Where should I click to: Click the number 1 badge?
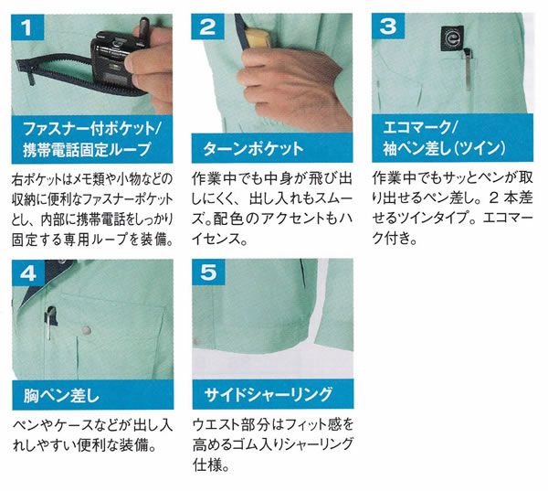pyautogui.click(x=27, y=27)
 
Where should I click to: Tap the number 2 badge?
pyautogui.click(x=207, y=27)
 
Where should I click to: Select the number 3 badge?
pyautogui.click(x=388, y=26)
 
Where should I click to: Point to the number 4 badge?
pyautogui.click(x=28, y=273)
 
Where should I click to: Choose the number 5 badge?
pyautogui.click(x=208, y=272)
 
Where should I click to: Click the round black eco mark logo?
pyautogui.click(x=452, y=38)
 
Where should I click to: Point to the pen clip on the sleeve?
pyautogui.click(x=468, y=70)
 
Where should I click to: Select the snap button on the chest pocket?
pyautogui.click(x=86, y=330)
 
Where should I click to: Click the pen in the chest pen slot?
pyautogui.click(x=50, y=323)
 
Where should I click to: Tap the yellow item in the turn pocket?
pyautogui.click(x=257, y=37)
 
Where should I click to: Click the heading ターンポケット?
pyautogui.click(x=253, y=149)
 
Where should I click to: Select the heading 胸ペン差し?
pyautogui.click(x=61, y=396)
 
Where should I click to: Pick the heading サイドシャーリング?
pyautogui.click(x=268, y=394)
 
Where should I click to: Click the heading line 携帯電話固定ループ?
pyautogui.click(x=87, y=149)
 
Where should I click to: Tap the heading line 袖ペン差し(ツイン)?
pyautogui.click(x=444, y=148)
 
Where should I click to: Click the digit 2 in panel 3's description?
pyautogui.click(x=493, y=198)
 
